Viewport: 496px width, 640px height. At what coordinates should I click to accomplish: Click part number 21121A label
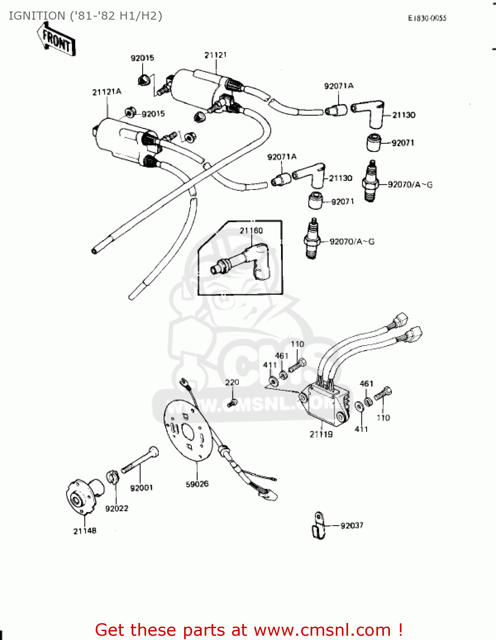pos(107,92)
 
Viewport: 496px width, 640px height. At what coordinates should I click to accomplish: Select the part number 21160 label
pos(251,230)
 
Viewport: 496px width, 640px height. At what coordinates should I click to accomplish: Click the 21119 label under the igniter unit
pos(321,434)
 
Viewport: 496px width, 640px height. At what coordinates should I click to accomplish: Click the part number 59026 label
pos(197,484)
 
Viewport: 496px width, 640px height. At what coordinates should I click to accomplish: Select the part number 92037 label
pos(352,525)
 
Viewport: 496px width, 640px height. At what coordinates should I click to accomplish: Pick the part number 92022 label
pos(117,508)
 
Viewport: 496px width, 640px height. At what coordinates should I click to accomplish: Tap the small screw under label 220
pos(232,402)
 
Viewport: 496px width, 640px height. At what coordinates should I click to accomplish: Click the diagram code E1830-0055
pos(427,18)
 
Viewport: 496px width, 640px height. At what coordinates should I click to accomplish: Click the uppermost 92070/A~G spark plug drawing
pos(370,181)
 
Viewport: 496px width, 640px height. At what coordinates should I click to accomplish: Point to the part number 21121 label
pos(215,55)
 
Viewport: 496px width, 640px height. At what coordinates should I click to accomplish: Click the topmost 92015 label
pos(142,58)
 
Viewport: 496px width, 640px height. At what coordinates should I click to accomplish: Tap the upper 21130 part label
pos(404,115)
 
